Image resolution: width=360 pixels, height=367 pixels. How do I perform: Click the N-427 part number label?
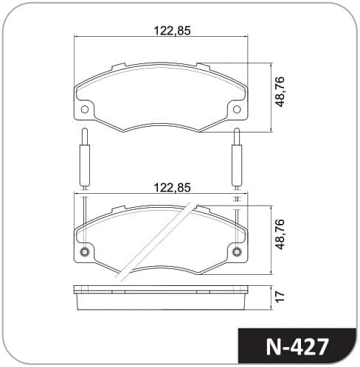pyautogui.click(x=297, y=346)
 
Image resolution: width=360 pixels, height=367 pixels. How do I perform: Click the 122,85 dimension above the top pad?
pyautogui.click(x=172, y=31)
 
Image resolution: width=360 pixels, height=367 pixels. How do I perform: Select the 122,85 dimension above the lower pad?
pyautogui.click(x=172, y=187)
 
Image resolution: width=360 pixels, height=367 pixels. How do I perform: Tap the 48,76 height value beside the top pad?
pyautogui.click(x=280, y=91)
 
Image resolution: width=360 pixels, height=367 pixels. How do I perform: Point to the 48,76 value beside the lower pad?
pyautogui.click(x=280, y=234)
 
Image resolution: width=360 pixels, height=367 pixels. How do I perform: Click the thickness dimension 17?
pyautogui.click(x=280, y=296)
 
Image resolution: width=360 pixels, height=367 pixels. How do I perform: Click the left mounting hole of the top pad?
pyautogui.click(x=85, y=109)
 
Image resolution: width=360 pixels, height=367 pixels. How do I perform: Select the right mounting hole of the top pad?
pyautogui.click(x=237, y=109)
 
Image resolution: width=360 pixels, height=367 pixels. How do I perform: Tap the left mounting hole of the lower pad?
pyautogui.click(x=85, y=252)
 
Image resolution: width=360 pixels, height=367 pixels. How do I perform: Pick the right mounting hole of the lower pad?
pyautogui.click(x=237, y=252)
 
